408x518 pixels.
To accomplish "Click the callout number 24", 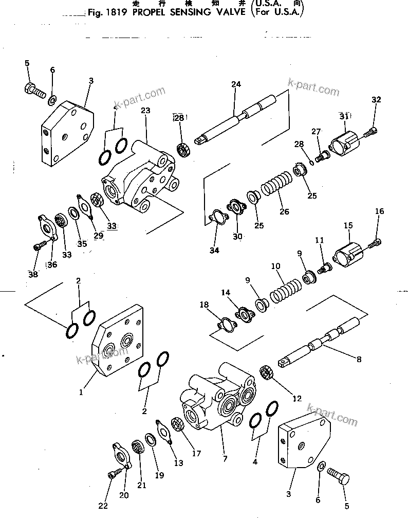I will tap(236, 84).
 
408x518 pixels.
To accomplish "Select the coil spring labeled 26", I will tap(277, 187).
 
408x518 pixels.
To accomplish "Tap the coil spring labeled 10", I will tap(285, 289).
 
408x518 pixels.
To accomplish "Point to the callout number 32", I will tap(376, 100).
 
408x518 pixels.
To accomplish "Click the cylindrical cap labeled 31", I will tap(343, 141).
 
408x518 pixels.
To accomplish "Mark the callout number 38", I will tap(33, 275).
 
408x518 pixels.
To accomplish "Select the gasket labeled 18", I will tap(225, 325).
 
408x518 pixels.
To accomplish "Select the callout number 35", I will tap(82, 243).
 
